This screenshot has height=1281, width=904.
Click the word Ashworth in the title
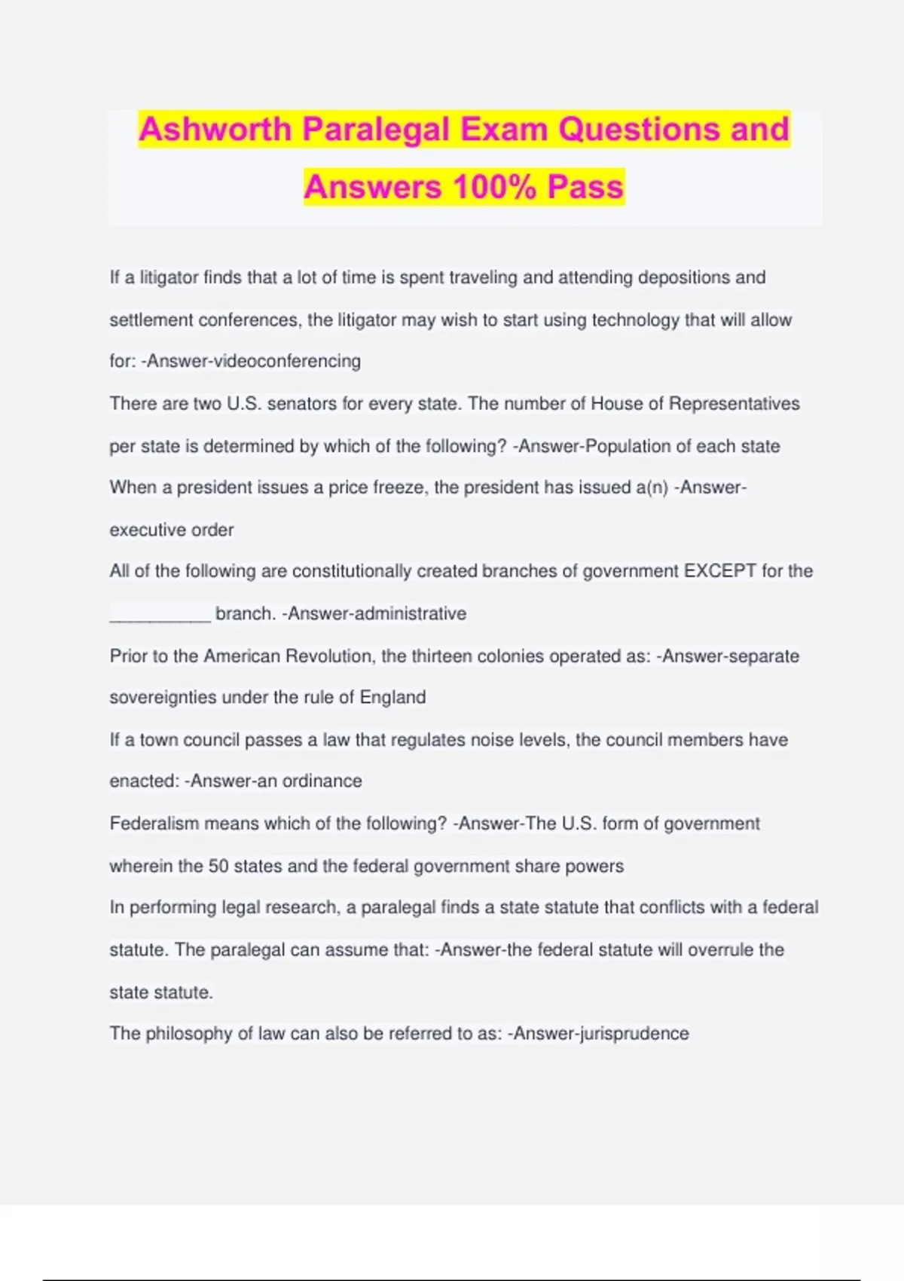click(x=215, y=130)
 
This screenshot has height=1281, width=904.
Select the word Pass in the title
click(x=585, y=187)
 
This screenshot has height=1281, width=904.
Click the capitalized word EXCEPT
click(x=719, y=571)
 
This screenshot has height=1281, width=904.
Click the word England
click(x=392, y=698)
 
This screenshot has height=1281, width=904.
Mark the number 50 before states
click(x=218, y=867)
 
